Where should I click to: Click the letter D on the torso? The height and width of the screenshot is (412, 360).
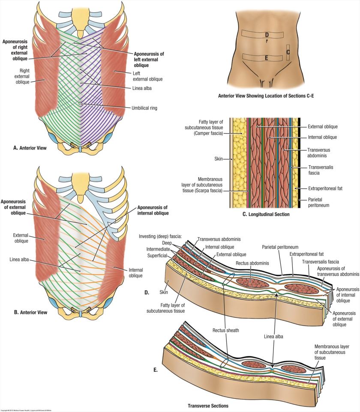click(267, 34)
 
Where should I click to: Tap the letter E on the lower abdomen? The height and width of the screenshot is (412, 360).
click(266, 57)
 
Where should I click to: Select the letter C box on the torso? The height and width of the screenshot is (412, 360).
click(288, 52)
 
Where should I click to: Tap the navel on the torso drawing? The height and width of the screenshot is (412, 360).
click(266, 42)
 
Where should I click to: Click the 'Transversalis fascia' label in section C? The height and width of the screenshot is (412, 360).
click(321, 171)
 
